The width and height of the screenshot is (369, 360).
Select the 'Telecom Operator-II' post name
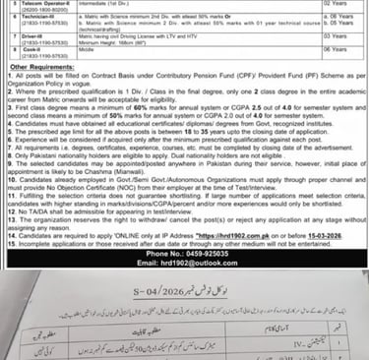[x=45, y=5]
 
